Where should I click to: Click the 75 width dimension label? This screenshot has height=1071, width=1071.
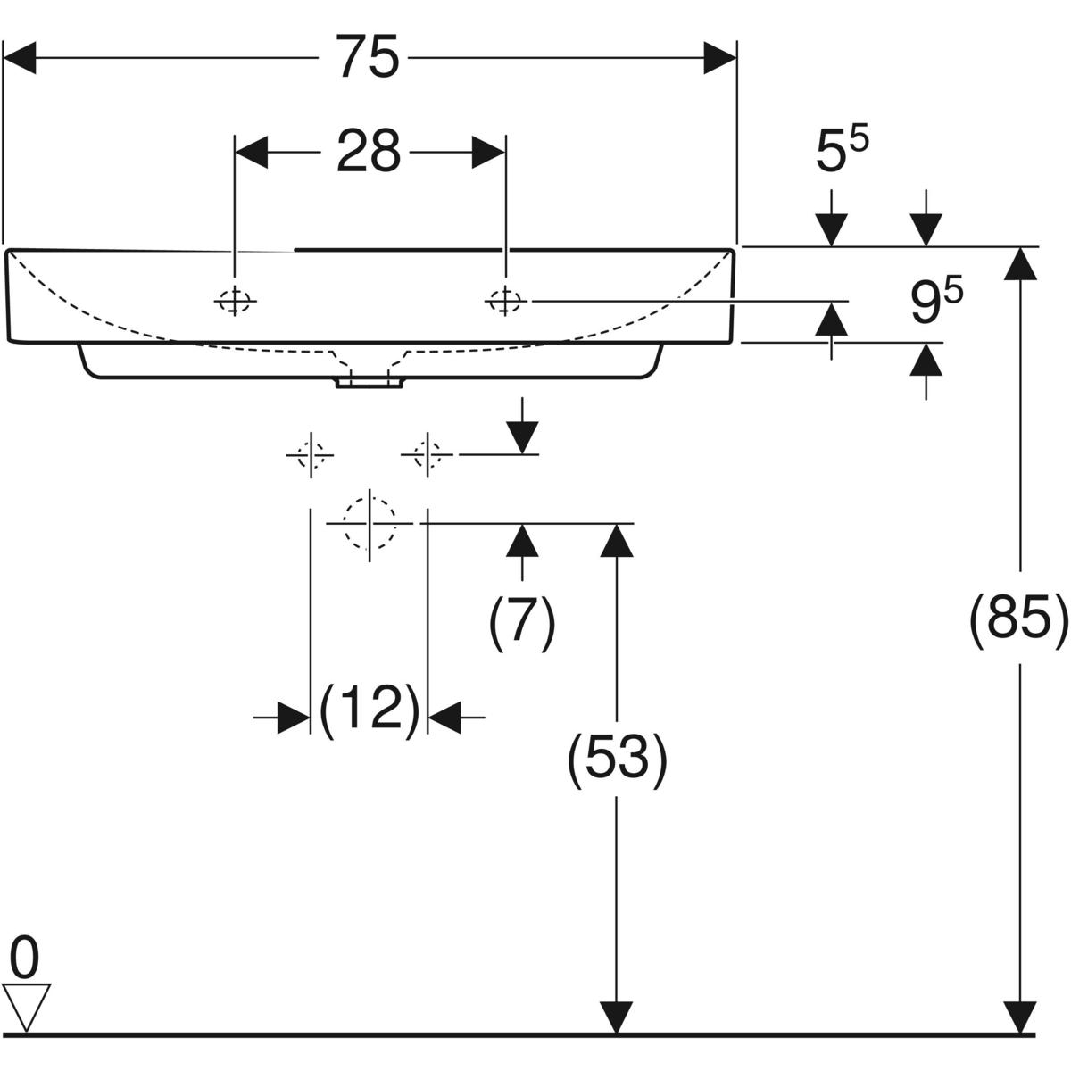[x=369, y=58]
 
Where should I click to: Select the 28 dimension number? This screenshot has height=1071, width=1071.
[x=369, y=152]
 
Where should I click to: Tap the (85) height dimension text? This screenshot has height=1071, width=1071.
[x=1018, y=616]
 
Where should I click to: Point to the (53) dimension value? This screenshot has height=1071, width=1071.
[x=617, y=760]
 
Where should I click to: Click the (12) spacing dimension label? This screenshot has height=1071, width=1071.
[x=369, y=711]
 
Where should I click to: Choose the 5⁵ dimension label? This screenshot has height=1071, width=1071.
[x=842, y=152]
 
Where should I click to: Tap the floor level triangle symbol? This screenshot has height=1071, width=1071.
[x=27, y=1005]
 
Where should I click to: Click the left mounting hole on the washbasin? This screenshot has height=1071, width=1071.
[x=235, y=302]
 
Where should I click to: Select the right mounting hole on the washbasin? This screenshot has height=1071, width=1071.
[x=504, y=302]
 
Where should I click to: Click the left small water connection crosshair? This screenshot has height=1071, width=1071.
[x=309, y=455]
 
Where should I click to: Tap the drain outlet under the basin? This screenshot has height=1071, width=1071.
[x=369, y=383]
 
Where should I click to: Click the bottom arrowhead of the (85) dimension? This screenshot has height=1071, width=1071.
[x=1019, y=1017]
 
